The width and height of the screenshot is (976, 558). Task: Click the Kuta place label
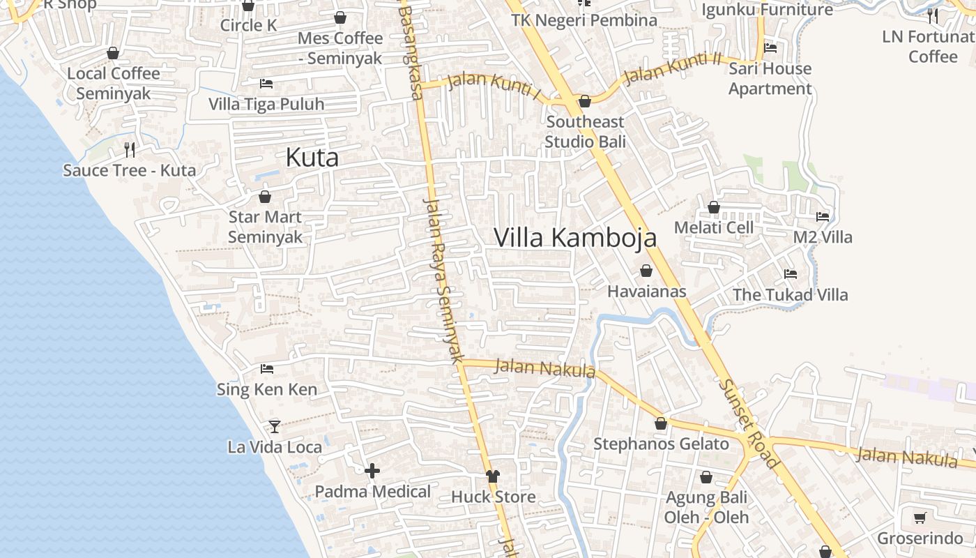pyautogui.click(x=312, y=158)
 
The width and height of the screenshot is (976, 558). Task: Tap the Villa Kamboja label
pyautogui.click(x=575, y=237)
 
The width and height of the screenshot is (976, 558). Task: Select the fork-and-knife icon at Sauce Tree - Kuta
pyautogui.click(x=130, y=149)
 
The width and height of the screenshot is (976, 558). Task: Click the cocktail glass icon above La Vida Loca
pyautogui.click(x=275, y=426)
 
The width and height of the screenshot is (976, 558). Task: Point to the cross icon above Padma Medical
pyautogui.click(x=372, y=472)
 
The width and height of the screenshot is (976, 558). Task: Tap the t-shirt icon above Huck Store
pyautogui.click(x=493, y=476)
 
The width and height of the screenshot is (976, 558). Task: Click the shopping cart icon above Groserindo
pyautogui.click(x=920, y=518)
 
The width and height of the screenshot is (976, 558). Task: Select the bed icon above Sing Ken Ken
pyautogui.click(x=266, y=369)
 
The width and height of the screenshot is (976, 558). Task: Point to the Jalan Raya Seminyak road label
pyautogui.click(x=444, y=279)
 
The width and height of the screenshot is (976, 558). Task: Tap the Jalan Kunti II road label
pyautogui.click(x=671, y=68)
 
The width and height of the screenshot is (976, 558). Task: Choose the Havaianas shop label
pyautogui.click(x=647, y=292)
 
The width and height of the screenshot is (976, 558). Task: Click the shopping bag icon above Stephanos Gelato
pyautogui.click(x=661, y=423)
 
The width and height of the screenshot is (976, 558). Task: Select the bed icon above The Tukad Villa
pyautogui.click(x=790, y=274)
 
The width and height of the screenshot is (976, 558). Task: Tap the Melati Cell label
pyautogui.click(x=714, y=227)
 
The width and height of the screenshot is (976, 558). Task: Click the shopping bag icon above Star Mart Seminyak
pyautogui.click(x=265, y=197)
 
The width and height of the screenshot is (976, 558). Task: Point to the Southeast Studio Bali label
pyautogui.click(x=585, y=132)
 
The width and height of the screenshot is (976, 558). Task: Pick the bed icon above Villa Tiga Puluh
pyautogui.click(x=266, y=84)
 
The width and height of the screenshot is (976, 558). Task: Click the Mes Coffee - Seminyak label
pyautogui.click(x=340, y=48)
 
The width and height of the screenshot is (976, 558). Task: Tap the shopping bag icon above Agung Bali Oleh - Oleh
pyautogui.click(x=706, y=478)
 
